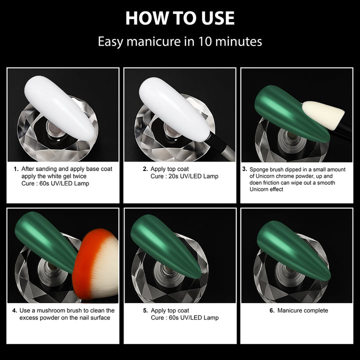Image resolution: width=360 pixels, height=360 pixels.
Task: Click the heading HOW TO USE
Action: (180, 18)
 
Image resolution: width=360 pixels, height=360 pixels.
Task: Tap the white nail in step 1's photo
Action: (60, 107)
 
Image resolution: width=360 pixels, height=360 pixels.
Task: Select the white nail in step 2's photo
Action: (174, 109)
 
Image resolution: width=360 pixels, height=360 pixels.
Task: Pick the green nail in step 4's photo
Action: (46, 242)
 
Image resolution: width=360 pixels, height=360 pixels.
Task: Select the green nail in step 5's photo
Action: (166, 246)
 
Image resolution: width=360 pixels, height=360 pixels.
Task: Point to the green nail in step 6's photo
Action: (293, 250)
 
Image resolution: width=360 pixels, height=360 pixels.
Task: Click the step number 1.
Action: (16, 169)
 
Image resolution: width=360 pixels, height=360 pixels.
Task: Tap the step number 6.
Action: (272, 310)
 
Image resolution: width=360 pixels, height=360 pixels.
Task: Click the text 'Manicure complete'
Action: (302, 310)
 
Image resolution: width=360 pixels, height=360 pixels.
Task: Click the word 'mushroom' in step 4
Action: (50, 310)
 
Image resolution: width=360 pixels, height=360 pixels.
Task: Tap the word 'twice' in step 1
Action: (79, 176)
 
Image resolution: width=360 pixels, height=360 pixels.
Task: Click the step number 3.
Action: (244, 169)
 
